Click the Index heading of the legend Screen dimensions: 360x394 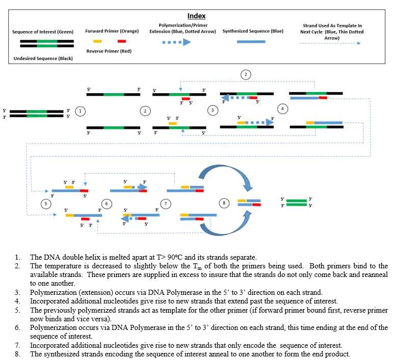197,16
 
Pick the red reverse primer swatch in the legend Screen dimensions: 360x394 121,41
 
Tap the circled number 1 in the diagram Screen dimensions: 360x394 80,110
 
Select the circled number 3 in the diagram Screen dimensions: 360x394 212,110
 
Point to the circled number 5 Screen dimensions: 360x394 45,203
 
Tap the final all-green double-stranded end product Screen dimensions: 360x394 296,203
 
